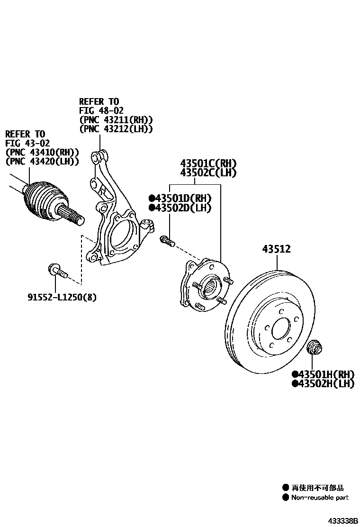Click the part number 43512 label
pos(276,249)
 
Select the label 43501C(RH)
pos(208,163)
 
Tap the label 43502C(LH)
pos(208,173)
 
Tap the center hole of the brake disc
pos(281,328)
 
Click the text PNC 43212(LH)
pos(116,129)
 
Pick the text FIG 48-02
pos(101,110)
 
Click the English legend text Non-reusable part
pos(320,497)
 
